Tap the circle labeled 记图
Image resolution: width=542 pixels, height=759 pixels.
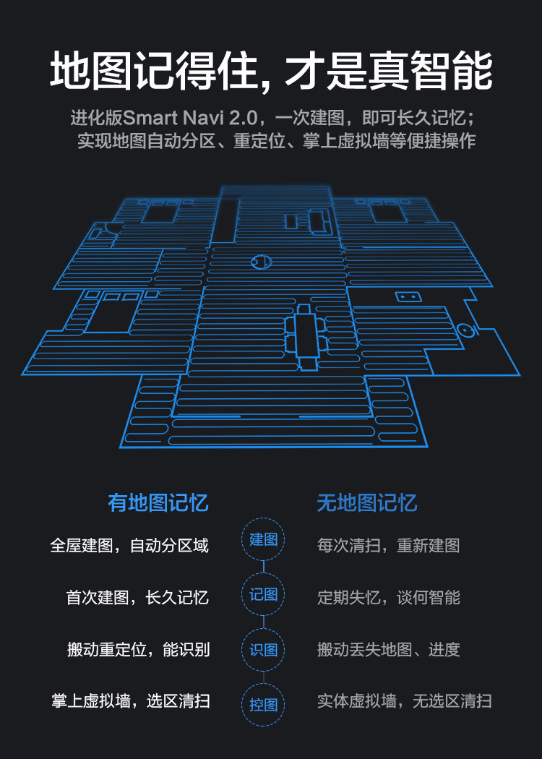pyautogui.click(x=263, y=594)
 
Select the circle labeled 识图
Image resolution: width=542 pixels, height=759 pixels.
pyautogui.click(x=263, y=649)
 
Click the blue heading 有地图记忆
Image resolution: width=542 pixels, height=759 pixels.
pyautogui.click(x=158, y=503)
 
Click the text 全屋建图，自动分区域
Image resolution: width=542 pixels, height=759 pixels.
pyautogui.click(x=129, y=545)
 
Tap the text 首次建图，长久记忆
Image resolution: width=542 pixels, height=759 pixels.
pyautogui.click(x=137, y=598)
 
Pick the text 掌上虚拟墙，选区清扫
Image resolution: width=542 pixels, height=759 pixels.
pyautogui.click(x=130, y=700)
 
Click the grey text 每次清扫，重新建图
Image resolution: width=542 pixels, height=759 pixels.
pyautogui.click(x=388, y=545)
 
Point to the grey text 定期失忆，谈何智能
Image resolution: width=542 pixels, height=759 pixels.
pyautogui.click(x=388, y=598)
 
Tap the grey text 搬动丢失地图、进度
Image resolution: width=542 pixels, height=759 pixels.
pyautogui.click(x=388, y=649)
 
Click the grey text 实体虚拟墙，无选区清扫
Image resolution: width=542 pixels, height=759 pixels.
pyautogui.click(x=404, y=700)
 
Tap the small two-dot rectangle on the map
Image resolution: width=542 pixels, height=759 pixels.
pyautogui.click(x=405, y=297)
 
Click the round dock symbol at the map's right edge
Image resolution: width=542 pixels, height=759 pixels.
pyautogui.click(x=467, y=332)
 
